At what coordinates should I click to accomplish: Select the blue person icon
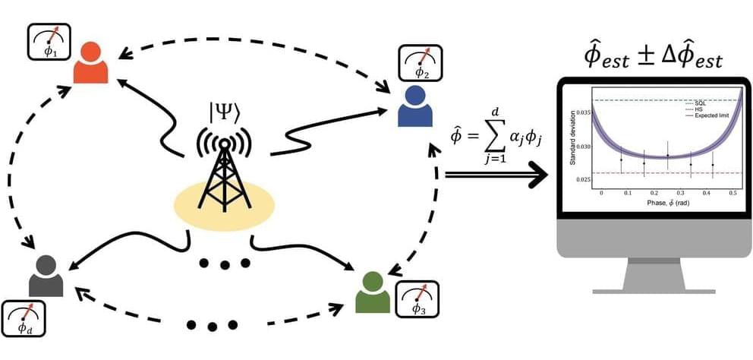pyautogui.click(x=415, y=106)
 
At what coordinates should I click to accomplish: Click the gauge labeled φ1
pyautogui.click(x=49, y=42)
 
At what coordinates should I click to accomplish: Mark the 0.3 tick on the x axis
pyautogui.click(x=673, y=194)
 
